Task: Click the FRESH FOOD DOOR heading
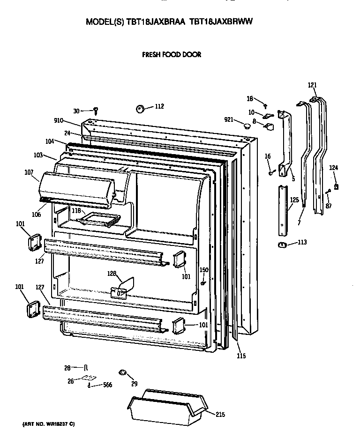tap(172, 55)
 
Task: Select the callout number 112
tap(159, 106)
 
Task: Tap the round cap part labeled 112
tap(140, 109)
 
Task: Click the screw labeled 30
tap(96, 111)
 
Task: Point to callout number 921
tap(229, 120)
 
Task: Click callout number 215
tap(220, 414)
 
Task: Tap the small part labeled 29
tap(123, 372)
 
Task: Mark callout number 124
tap(333, 168)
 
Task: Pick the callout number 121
tap(312, 85)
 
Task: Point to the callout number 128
tap(112, 273)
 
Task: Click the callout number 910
tap(59, 121)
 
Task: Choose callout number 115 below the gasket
tap(240, 356)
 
